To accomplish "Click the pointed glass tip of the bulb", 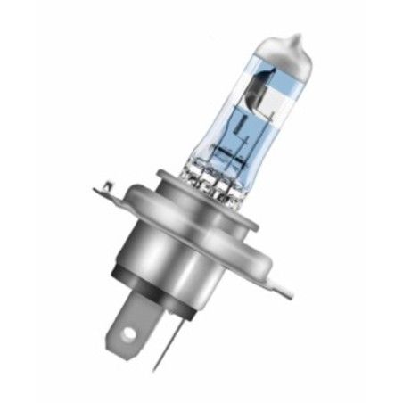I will (x=295, y=38).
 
